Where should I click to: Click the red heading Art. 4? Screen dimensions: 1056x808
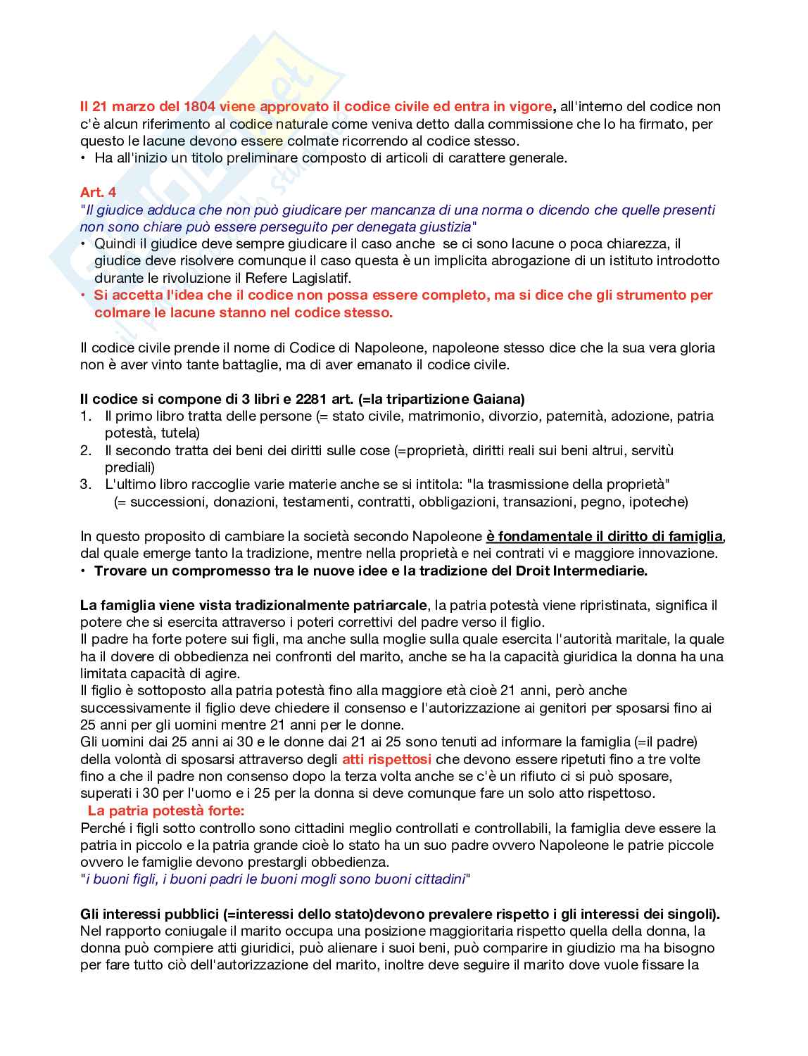click(98, 192)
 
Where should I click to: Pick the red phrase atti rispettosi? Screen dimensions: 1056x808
click(386, 759)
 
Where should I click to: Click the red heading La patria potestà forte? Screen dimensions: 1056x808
click(165, 810)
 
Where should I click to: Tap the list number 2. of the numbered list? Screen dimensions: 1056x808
click(86, 450)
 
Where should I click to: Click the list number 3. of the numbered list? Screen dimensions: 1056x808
click(86, 484)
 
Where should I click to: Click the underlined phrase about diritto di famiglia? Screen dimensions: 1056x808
click(605, 536)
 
